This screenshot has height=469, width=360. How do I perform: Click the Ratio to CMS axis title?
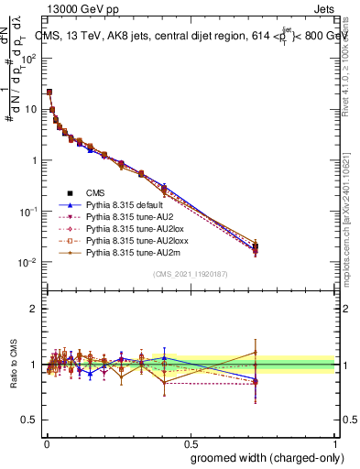(13, 365)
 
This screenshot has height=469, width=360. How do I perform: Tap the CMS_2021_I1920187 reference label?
(191, 274)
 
